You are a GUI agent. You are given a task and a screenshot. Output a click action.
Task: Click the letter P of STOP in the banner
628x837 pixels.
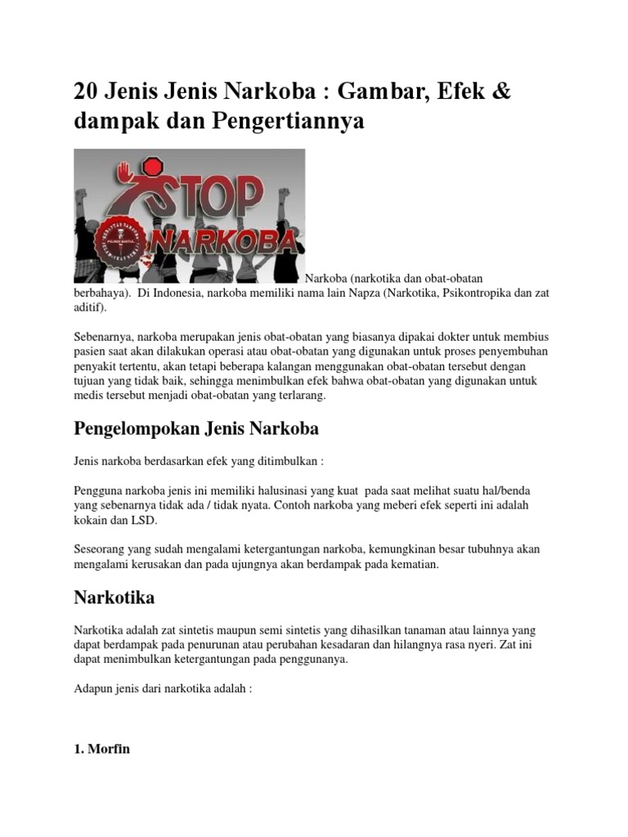pyautogui.click(x=245, y=199)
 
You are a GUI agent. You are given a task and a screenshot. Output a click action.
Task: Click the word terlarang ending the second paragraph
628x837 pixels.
pyautogui.click(x=302, y=395)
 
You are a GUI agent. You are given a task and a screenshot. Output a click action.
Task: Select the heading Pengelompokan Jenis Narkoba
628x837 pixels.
pyautogui.click(x=196, y=428)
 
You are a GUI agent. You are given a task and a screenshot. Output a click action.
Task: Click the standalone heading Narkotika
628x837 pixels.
pyautogui.click(x=114, y=598)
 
